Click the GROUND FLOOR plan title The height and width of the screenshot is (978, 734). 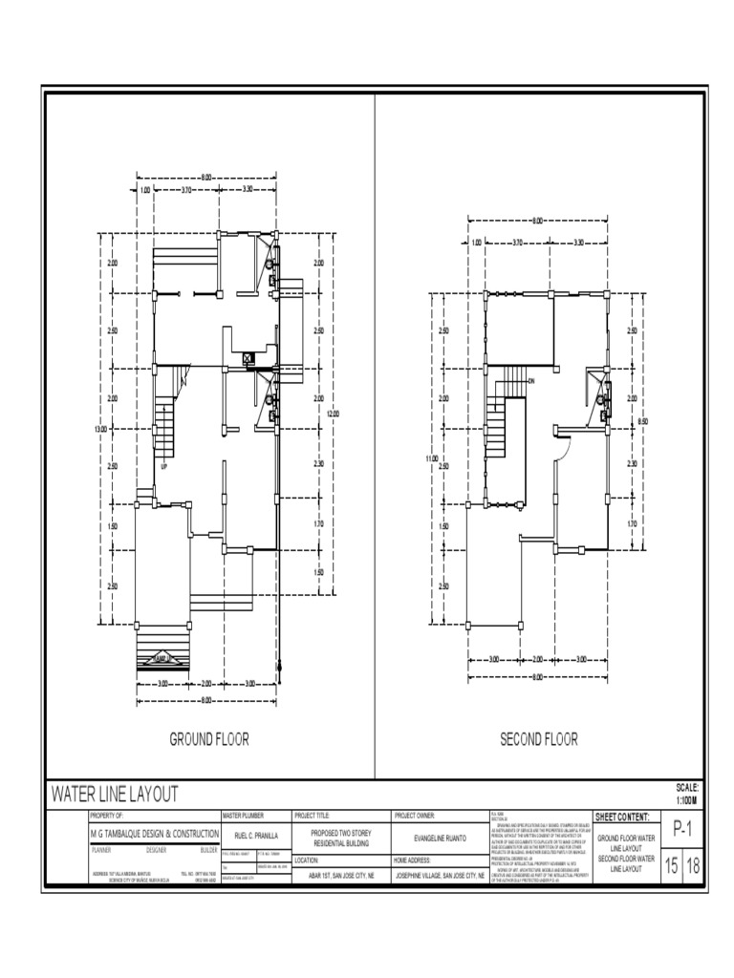tap(209, 738)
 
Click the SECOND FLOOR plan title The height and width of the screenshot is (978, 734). tap(539, 738)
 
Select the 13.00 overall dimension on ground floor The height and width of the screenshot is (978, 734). tap(99, 430)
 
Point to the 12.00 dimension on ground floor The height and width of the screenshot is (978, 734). tap(333, 414)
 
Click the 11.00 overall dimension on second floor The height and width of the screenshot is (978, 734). tap(430, 459)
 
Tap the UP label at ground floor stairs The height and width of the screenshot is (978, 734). tap(163, 467)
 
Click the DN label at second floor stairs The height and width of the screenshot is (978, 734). tap(530, 382)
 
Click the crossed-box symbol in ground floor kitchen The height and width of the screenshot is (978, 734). tap(248, 358)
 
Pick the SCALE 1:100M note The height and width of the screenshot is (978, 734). tap(687, 793)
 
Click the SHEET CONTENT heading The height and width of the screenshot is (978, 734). tap(622, 818)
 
